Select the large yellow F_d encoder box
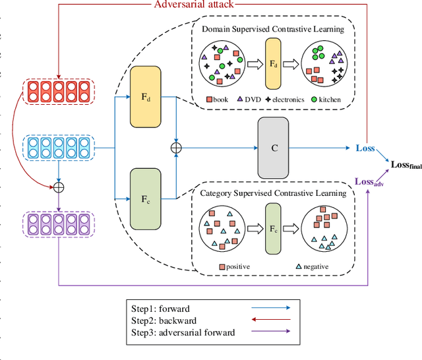coord(146,97)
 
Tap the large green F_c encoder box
coord(146,197)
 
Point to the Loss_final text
coord(406,165)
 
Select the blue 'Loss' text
coord(365,148)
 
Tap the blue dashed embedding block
coord(59,149)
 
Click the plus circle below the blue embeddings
coord(59,187)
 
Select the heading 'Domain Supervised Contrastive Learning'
coord(272,30)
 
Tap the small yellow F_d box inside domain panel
coord(272,64)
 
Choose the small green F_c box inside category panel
coord(272,229)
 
